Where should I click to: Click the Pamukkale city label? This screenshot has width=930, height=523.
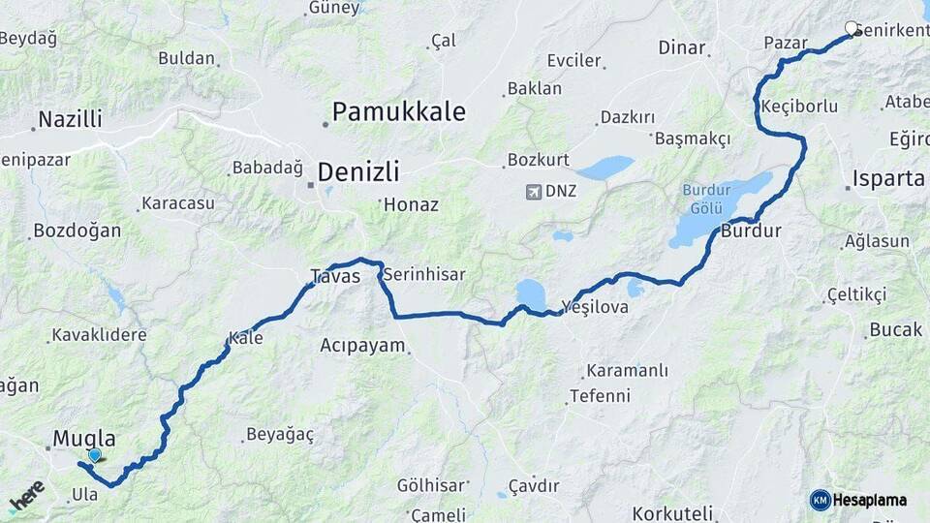point(398,110)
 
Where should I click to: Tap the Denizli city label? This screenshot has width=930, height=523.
point(357,172)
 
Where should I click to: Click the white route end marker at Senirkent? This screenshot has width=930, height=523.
point(852,28)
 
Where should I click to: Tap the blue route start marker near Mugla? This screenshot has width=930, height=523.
point(94,454)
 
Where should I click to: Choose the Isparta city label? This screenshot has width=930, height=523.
point(888,178)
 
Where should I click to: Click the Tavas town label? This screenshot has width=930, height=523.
point(334,277)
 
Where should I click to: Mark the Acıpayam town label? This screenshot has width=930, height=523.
point(362,345)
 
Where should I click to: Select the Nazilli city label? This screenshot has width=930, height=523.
point(70,120)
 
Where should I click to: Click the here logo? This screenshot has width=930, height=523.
point(26,496)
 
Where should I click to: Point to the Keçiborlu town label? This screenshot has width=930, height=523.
point(799,106)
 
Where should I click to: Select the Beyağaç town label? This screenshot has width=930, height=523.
point(280,434)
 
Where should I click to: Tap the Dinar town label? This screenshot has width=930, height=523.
point(682,47)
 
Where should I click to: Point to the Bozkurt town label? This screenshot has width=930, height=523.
point(538,160)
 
